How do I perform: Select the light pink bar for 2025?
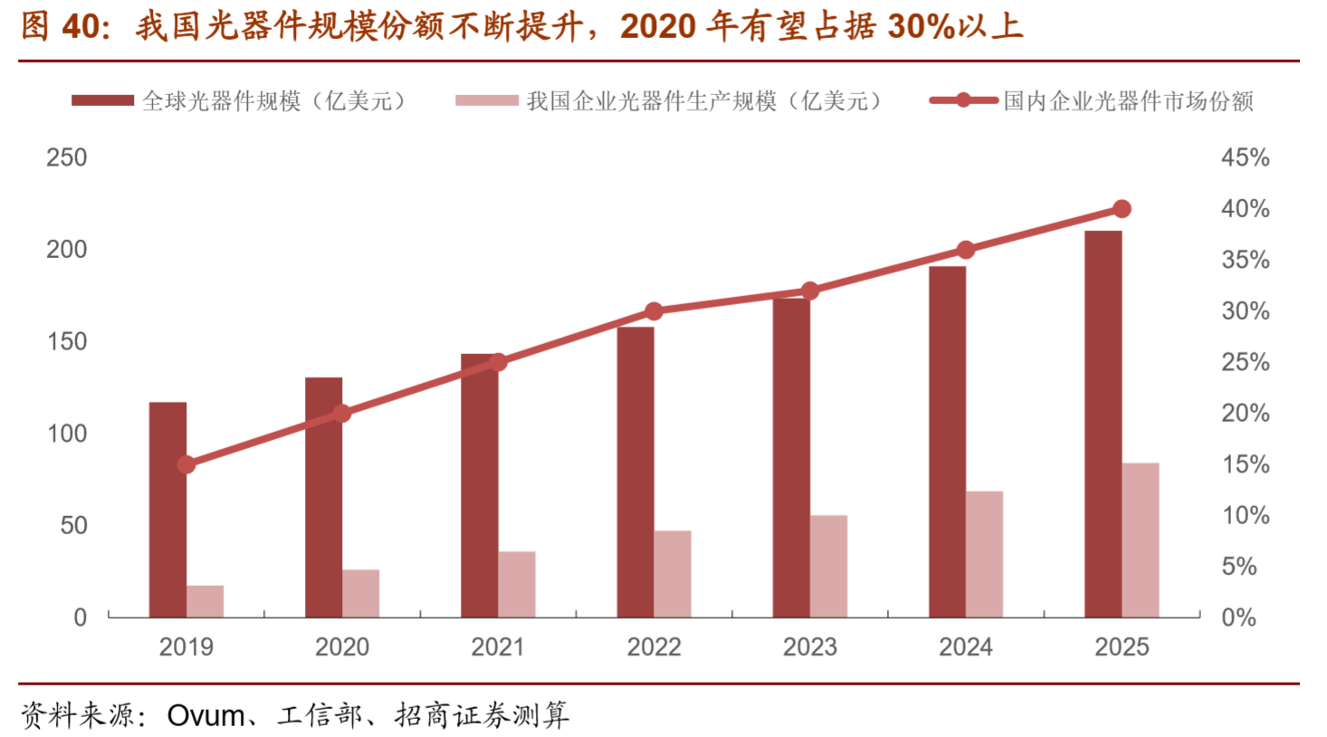click(x=1141, y=541)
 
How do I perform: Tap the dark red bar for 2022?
click(x=635, y=472)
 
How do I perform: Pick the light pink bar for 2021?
click(x=517, y=584)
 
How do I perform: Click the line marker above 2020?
click(x=342, y=414)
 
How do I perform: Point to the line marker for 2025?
click(x=1122, y=209)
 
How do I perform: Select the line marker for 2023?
click(x=810, y=291)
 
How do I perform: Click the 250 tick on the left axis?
click(x=67, y=158)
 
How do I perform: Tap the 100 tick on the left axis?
click(x=67, y=434)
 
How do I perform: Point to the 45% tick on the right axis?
click(x=1245, y=158)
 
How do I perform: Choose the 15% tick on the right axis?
click(x=1245, y=464)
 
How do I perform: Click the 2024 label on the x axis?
click(x=966, y=646)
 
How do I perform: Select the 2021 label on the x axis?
click(x=498, y=646)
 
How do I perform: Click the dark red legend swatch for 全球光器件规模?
click(x=102, y=100)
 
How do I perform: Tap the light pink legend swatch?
click(x=486, y=100)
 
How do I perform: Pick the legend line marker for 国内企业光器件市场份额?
click(x=964, y=100)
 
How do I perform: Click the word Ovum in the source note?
click(x=205, y=715)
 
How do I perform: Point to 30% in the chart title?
click(x=921, y=26)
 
